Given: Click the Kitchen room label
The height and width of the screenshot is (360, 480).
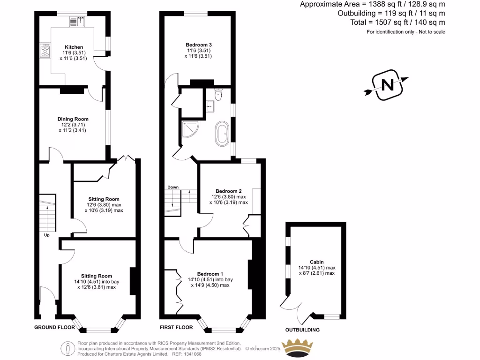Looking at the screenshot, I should pyautogui.click(x=74, y=47).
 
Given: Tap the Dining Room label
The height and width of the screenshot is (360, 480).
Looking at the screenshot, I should pyautogui.click(x=73, y=119).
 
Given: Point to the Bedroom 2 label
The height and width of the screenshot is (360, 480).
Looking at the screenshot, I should pyautogui.click(x=229, y=191).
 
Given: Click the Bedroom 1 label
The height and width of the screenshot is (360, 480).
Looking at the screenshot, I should pyautogui.click(x=210, y=274).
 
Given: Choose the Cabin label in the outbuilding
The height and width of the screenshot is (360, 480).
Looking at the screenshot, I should pyautogui.click(x=317, y=262).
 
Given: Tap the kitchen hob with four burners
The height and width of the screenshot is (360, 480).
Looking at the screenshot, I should pyautogui.click(x=46, y=51).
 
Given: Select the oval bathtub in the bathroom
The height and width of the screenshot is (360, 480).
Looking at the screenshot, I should pyautogui.click(x=221, y=134).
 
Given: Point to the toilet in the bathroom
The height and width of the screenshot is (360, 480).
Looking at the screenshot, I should pyautogui.click(x=218, y=95).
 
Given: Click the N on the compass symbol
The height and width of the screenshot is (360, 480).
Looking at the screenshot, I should pyautogui.click(x=387, y=85).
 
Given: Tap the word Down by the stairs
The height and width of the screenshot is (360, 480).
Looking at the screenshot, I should pyautogui.click(x=173, y=187).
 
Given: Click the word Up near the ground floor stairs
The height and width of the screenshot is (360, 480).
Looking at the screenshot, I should pyautogui.click(x=47, y=235).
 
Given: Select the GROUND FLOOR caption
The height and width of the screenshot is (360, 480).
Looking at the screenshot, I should pyautogui.click(x=55, y=327).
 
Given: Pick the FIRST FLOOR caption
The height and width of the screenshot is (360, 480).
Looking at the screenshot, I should pyautogui.click(x=176, y=327).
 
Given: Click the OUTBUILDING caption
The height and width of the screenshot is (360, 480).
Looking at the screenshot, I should pyautogui.click(x=303, y=330).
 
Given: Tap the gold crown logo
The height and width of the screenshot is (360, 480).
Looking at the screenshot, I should pyautogui.click(x=299, y=349).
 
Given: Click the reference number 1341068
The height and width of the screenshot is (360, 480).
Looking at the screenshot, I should pyautogui.click(x=192, y=354).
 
